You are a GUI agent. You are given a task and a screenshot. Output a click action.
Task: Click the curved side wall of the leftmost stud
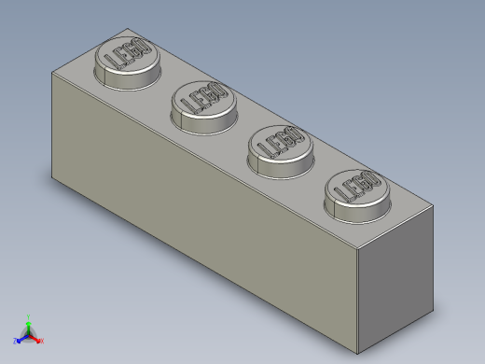tap(120, 78)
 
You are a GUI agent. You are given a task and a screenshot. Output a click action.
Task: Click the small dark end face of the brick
tap(397, 271)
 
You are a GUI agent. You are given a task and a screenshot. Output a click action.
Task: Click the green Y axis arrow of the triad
tap(29, 321)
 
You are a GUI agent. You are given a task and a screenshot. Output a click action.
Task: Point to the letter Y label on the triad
tap(29, 315)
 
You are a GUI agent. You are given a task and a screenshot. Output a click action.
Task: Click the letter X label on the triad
tap(42, 341)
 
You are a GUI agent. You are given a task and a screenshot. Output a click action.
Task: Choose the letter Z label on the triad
tap(16, 341)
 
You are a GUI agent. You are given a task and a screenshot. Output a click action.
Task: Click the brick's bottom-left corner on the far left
tap(52, 175)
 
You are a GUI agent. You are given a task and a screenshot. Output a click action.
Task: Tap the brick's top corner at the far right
tap(434, 207)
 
